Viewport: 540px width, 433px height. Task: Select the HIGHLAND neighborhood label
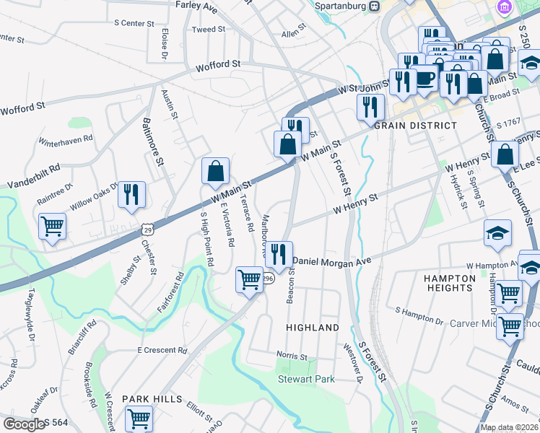tap(313, 328)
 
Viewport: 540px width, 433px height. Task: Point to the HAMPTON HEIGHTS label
tap(449, 282)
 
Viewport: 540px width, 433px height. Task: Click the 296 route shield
tap(266, 279)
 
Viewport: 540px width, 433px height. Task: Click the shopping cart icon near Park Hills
tap(139, 418)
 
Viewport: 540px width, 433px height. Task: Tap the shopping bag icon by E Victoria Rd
tap(215, 172)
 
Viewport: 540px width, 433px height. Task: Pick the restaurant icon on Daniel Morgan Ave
tap(279, 254)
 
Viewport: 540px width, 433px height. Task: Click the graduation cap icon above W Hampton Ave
tap(497, 233)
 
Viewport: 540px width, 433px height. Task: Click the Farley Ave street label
tap(196, 6)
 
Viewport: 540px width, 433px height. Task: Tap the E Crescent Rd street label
tap(162, 350)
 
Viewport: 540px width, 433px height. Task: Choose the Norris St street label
tap(292, 356)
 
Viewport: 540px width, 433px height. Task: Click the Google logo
tap(24, 424)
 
